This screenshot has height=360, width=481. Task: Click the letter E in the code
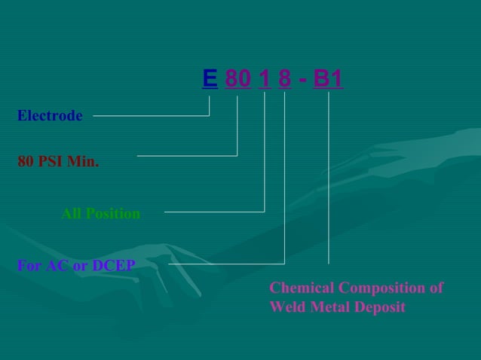210,79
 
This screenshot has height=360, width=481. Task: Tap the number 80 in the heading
237,79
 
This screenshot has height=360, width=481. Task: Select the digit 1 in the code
264,79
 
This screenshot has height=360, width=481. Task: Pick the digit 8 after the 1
284,79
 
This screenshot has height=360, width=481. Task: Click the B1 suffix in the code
328,79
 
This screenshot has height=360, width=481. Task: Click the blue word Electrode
50,116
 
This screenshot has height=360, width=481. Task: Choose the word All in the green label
71,214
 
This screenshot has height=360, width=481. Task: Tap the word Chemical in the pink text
302,288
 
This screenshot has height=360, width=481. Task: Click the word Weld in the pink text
286,307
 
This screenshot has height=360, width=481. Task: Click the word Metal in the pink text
327,307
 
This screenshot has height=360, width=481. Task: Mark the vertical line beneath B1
329,181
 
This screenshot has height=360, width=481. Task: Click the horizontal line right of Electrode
151,116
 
